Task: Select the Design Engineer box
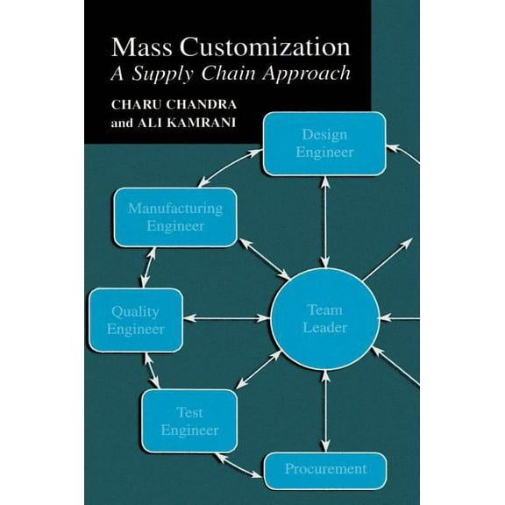[x=324, y=144]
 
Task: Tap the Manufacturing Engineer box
[x=175, y=217]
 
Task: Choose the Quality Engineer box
[x=136, y=320]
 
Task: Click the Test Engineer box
[x=189, y=421]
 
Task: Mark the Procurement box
[x=325, y=470]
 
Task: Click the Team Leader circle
[x=325, y=319]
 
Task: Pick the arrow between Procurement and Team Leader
[x=325, y=412]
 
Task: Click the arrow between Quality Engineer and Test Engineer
[x=156, y=372]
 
